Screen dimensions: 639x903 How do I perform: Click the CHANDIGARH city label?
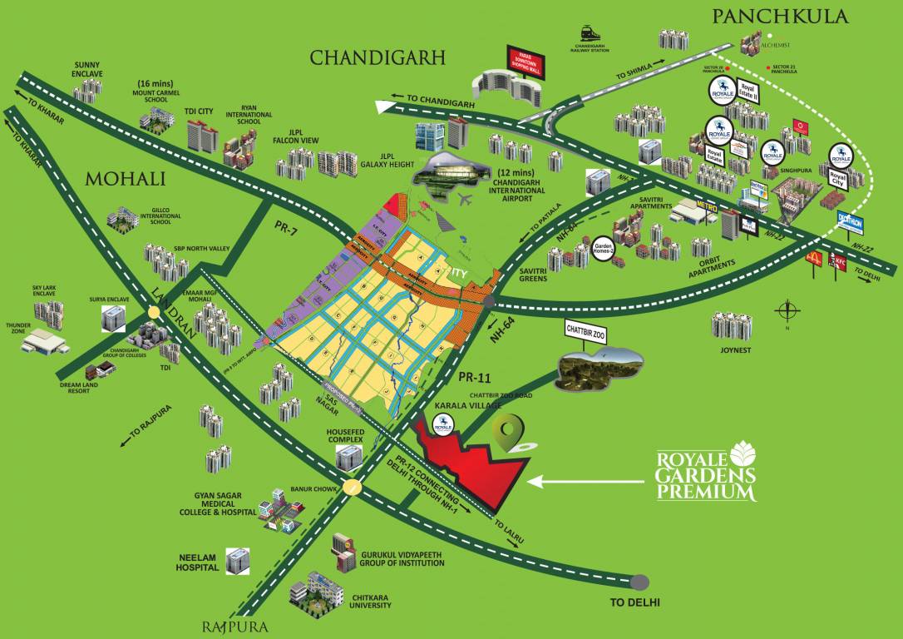coord(377,57)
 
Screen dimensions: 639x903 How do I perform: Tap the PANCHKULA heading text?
coord(779,16)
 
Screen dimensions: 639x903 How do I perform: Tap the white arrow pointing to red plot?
coord(582,480)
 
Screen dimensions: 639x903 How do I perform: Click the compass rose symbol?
coord(786,313)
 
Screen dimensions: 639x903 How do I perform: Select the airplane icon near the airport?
coord(462,201)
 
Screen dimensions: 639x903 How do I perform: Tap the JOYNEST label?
coord(732,350)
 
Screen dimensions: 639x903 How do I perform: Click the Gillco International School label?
coord(155,217)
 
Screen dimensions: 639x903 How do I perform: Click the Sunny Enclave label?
coord(87,68)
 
